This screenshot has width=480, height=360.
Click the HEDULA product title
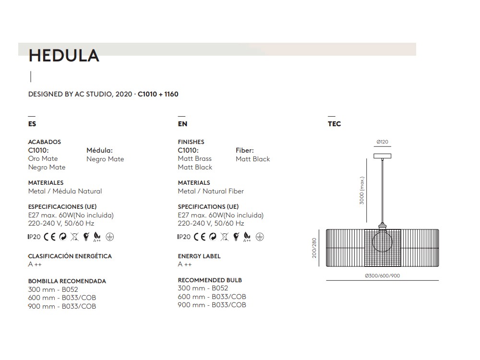pyautogui.click(x=64, y=56)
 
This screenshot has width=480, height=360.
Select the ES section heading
pyautogui.click(x=32, y=124)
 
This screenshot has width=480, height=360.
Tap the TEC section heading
pyautogui.click(x=334, y=124)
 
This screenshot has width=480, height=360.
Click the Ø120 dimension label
pyautogui.click(x=382, y=142)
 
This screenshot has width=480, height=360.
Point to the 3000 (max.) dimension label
pyautogui.click(x=362, y=190)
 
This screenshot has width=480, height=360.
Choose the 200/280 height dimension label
pyautogui.click(x=315, y=248)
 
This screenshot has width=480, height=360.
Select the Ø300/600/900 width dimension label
pyautogui.click(x=382, y=276)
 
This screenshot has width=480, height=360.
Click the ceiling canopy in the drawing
pyautogui.click(x=382, y=156)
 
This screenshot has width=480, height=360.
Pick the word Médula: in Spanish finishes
pyautogui.click(x=99, y=150)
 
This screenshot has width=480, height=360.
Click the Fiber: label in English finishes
pyautogui.click(x=245, y=150)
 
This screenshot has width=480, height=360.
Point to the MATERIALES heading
pyautogui.click(x=46, y=183)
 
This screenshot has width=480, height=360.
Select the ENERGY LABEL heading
pyautogui.click(x=199, y=256)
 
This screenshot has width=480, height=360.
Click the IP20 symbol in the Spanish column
pyautogui.click(x=35, y=237)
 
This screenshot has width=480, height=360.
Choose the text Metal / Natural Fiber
pyautogui.click(x=211, y=191)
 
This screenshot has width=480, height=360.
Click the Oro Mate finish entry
pyautogui.click(x=43, y=158)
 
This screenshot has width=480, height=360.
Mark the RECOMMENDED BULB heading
pyautogui.click(x=210, y=280)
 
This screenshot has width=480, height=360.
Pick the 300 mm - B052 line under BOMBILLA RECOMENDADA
pyautogui.click(x=53, y=289)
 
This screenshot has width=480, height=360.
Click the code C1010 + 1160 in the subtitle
pyautogui.click(x=158, y=94)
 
